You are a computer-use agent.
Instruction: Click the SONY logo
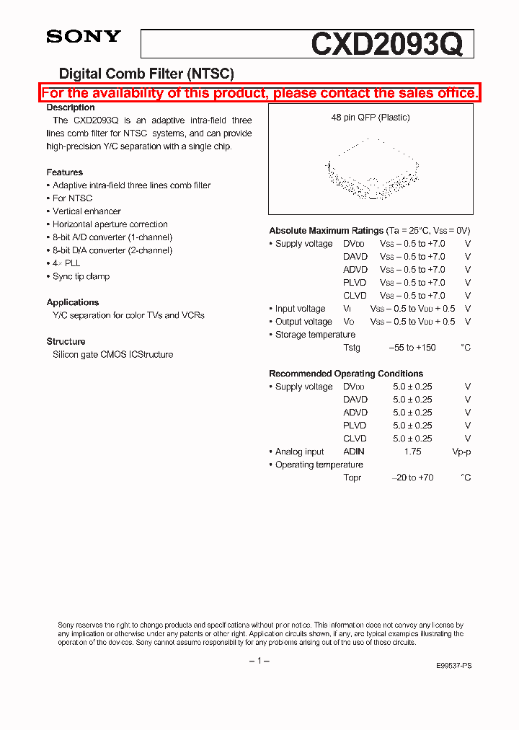pos(84,37)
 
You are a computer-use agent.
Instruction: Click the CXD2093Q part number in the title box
pos(386,45)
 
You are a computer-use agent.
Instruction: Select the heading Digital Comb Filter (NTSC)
pos(146,73)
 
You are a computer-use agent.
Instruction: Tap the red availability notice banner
pos(259,93)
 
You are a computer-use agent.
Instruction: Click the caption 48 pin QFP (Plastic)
pos(371,118)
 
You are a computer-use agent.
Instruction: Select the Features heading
pos(65,172)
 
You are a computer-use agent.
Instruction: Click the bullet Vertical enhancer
pos(86,211)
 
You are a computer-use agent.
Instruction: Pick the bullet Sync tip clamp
pos(81,276)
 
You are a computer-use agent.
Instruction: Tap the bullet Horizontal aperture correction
pos(110,224)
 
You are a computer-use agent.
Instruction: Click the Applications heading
pos(73,302)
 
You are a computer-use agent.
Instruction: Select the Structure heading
pos(66,341)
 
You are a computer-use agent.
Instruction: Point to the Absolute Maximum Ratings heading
pos(326,231)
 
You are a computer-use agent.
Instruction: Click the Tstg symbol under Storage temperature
pos(352,348)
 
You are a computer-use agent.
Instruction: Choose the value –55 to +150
pos(412,348)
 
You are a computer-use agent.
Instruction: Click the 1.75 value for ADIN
pos(412,452)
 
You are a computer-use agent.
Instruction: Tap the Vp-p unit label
pos(461,452)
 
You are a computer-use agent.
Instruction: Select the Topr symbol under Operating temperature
pos(352,478)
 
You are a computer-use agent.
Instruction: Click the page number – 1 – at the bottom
pos(259,661)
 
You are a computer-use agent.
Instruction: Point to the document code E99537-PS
pos(454,667)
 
